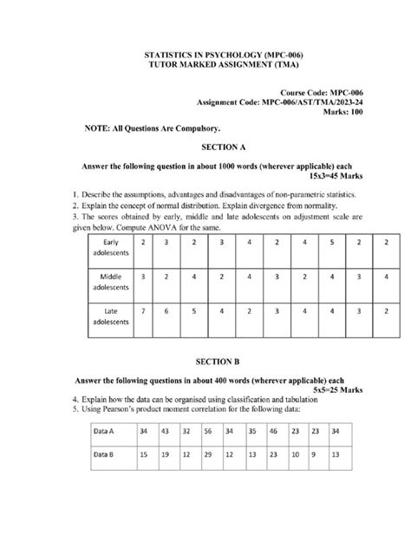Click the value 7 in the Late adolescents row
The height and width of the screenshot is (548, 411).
point(143,310)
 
